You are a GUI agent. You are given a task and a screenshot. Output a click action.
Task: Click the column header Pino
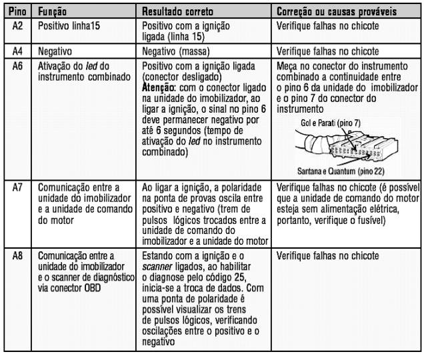pos(17,12)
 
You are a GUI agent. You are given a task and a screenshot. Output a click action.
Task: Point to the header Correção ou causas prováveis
pos(337,12)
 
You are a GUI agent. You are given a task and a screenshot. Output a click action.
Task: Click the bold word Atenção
pos(158,87)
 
